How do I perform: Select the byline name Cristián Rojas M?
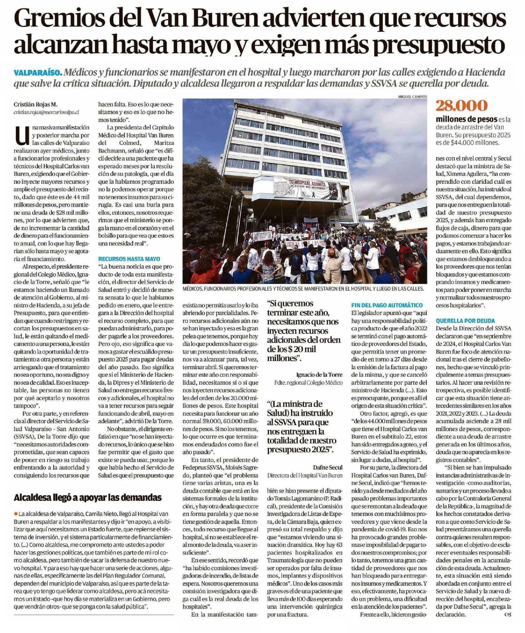(x=36, y=105)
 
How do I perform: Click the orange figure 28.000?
(x=461, y=105)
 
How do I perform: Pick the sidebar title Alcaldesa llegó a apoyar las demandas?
(x=87, y=497)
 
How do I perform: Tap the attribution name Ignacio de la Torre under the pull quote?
(x=320, y=375)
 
